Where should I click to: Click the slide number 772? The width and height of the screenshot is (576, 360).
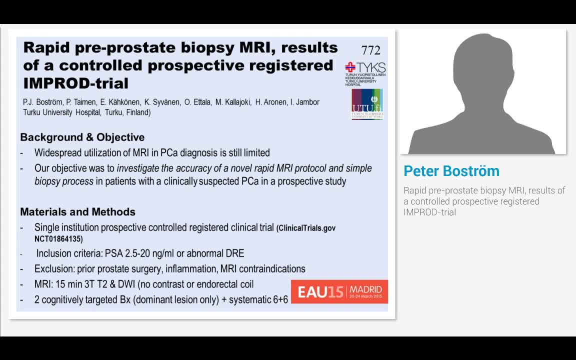(370, 50)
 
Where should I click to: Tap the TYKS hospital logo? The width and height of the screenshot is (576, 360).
(365, 73)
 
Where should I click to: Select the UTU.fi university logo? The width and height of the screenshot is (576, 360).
(367, 104)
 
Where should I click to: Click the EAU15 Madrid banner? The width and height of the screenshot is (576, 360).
(339, 291)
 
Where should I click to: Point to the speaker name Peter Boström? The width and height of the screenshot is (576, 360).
(451, 171)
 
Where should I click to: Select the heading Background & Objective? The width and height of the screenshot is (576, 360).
(82, 137)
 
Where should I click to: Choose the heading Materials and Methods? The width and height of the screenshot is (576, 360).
(77, 212)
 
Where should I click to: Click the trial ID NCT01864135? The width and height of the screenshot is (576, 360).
(58, 239)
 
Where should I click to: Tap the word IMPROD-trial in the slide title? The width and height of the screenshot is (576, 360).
(75, 83)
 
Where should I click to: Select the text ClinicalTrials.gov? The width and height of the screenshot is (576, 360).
(306, 228)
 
